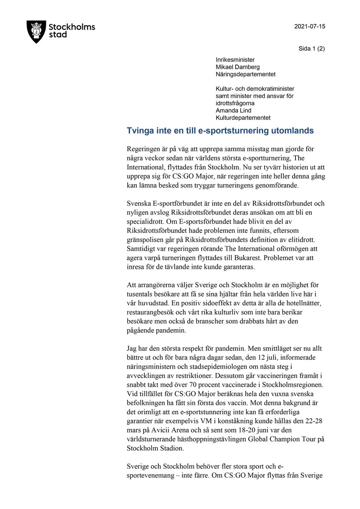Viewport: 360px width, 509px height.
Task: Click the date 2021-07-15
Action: point(309,26)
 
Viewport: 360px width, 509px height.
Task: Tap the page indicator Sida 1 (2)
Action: point(312,48)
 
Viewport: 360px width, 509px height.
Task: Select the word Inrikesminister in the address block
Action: point(235,60)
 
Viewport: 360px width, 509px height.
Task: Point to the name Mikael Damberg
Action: point(238,67)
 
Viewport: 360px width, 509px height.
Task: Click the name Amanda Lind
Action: point(233,111)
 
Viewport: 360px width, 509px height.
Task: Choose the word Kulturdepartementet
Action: point(243,118)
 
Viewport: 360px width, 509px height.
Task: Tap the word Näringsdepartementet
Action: point(245,74)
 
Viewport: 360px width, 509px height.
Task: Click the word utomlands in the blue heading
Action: point(292,131)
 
